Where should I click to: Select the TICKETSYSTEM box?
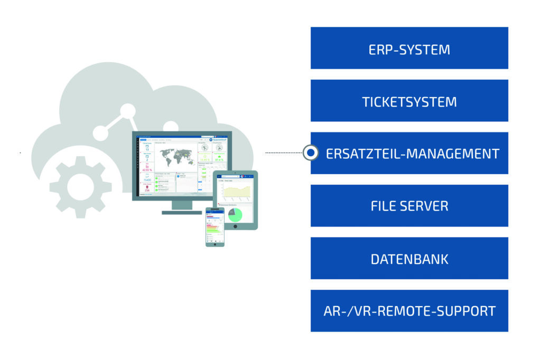click(409, 101)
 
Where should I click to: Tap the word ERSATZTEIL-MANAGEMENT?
click(412, 154)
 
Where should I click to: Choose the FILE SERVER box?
click(409, 206)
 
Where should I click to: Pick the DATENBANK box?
click(409, 259)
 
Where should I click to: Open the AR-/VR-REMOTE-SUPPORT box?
click(409, 311)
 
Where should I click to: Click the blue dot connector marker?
click(311, 153)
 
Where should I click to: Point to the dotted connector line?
click(283, 153)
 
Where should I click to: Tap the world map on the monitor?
click(175, 157)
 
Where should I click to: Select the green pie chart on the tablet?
click(235, 214)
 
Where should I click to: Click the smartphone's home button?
click(214, 244)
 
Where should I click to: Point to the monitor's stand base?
click(181, 212)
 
